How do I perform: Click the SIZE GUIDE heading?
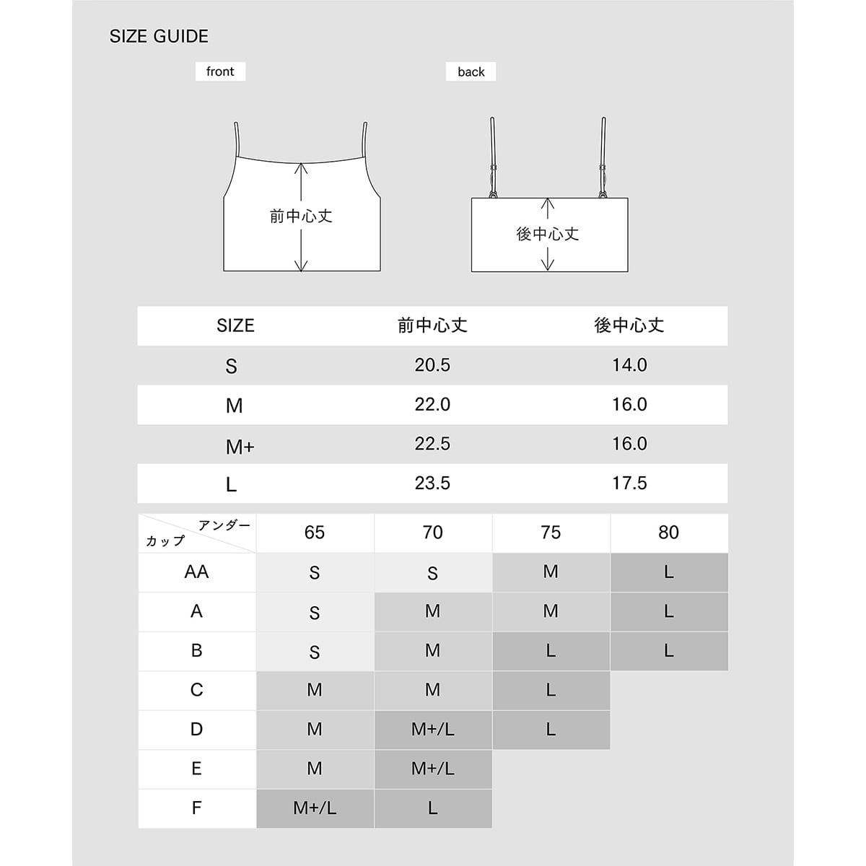[x=159, y=36]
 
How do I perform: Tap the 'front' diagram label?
[x=220, y=71]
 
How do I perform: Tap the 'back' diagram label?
[x=471, y=71]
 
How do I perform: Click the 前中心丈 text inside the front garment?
[x=301, y=216]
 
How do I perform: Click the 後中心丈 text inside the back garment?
[x=548, y=234]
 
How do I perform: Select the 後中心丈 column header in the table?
[x=629, y=325]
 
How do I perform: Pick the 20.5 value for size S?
[x=432, y=365]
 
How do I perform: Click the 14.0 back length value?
[x=629, y=365]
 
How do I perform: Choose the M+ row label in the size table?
[x=240, y=447]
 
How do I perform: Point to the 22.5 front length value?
[x=432, y=444]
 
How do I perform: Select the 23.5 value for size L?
[x=432, y=483]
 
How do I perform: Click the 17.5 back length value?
[x=629, y=483]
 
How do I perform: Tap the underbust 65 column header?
[x=315, y=533]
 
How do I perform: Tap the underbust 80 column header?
[x=668, y=533]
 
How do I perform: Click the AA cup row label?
[x=196, y=572]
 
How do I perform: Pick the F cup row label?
[x=196, y=808]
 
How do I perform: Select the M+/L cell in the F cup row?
[x=315, y=808]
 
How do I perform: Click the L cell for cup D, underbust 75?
[x=551, y=730]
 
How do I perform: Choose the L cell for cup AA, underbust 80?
[x=668, y=572]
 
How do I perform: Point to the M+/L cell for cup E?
[x=433, y=769]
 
